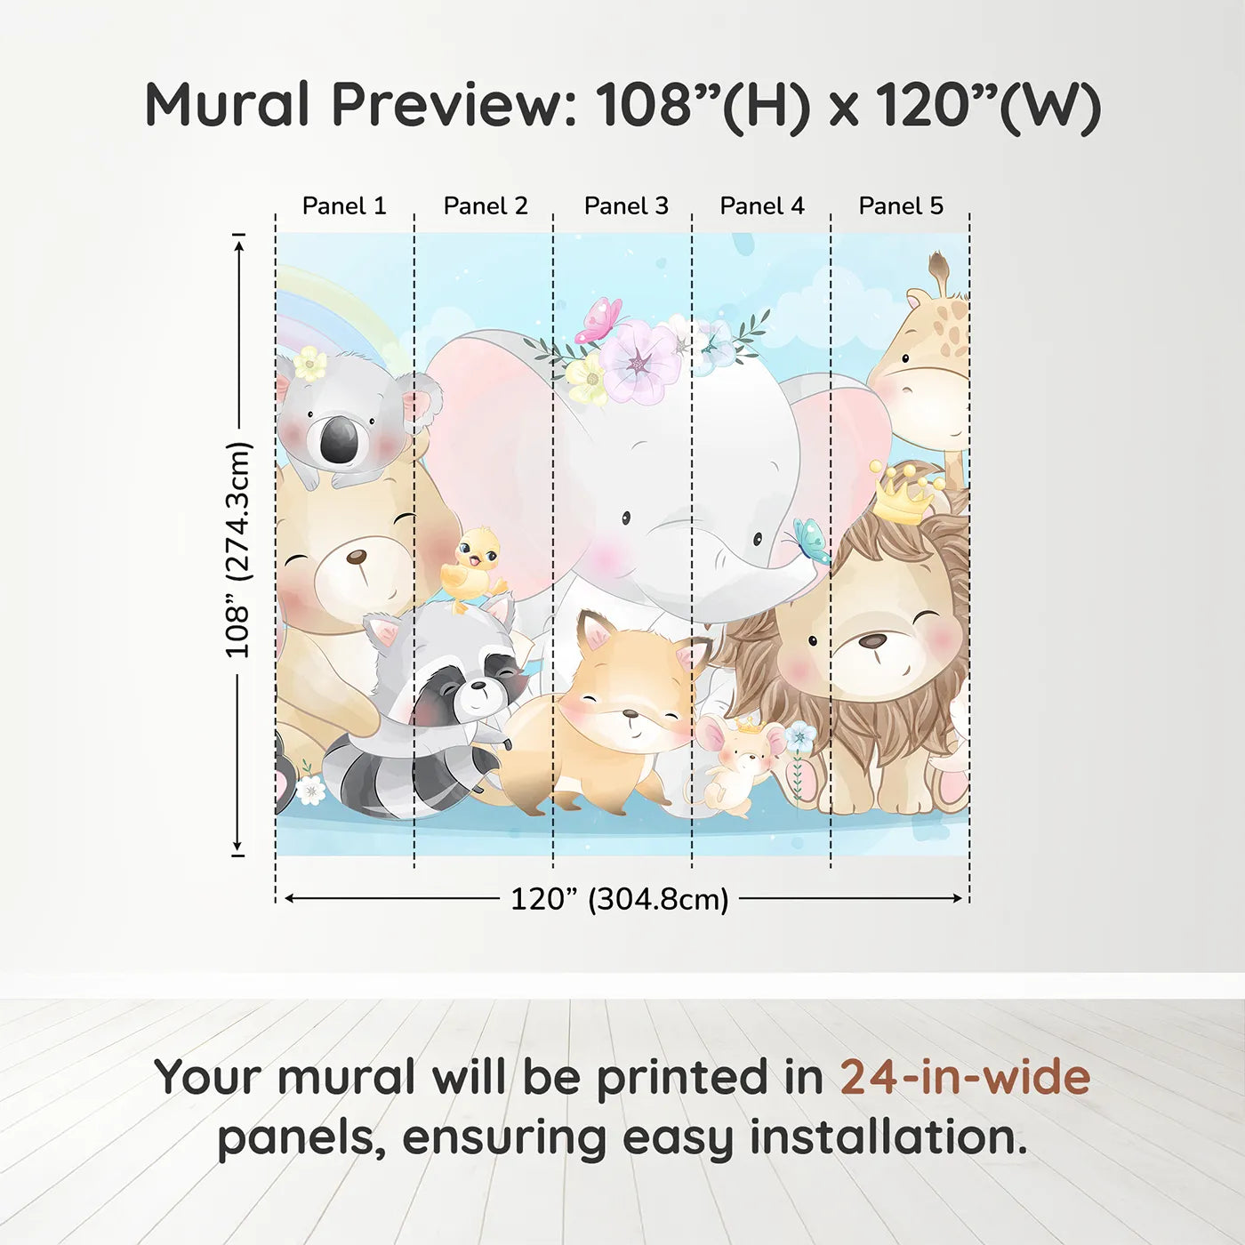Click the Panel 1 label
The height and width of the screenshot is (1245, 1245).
point(344,206)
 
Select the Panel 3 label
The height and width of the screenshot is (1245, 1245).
point(626,206)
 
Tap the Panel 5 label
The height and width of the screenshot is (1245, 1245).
point(901,206)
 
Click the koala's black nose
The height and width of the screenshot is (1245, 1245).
point(339,440)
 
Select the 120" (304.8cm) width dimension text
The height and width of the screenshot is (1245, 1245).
point(619,899)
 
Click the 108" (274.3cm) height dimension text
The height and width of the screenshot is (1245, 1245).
point(238,550)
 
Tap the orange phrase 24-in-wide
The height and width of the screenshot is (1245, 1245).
point(965,1077)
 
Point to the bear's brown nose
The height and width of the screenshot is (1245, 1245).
point(356,558)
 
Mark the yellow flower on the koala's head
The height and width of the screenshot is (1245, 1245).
point(309,363)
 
